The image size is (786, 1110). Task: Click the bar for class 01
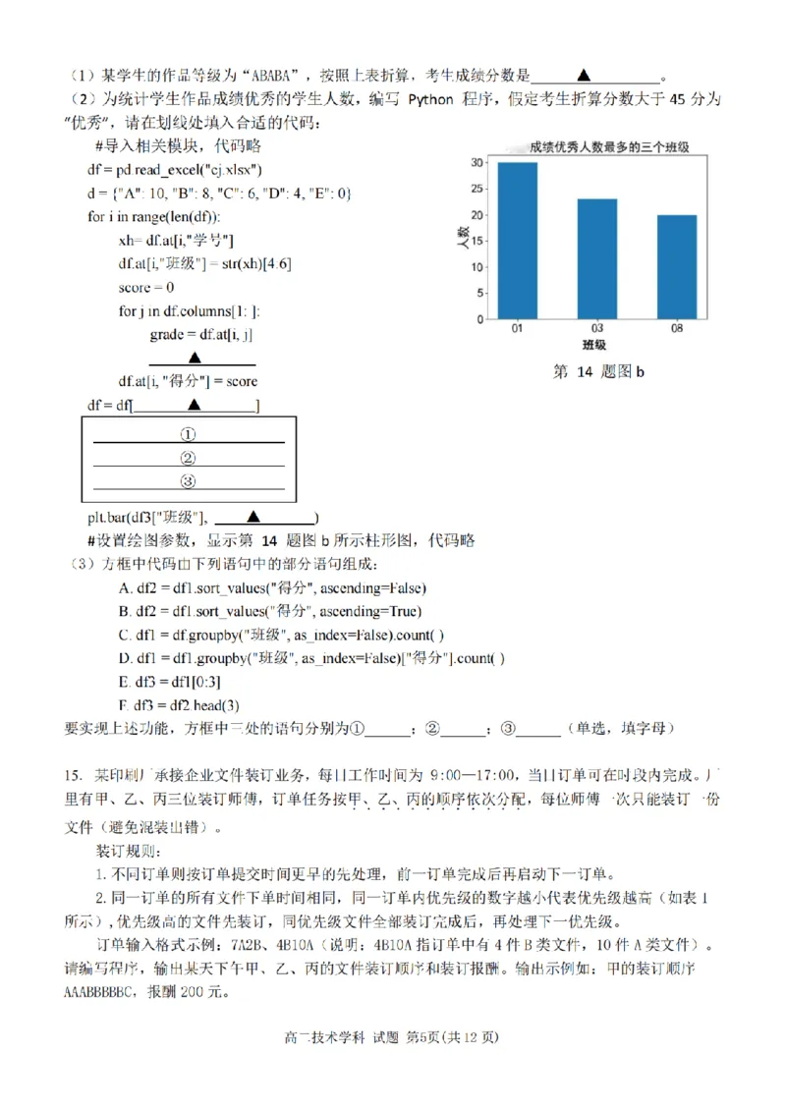(517, 241)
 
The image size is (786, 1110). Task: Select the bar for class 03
(596, 259)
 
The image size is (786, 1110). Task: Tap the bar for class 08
(677, 267)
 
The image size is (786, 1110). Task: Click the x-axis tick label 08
(677, 330)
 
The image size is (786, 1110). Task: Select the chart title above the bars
(608, 146)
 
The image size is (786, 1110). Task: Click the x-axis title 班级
(593, 346)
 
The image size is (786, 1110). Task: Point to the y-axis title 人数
(461, 241)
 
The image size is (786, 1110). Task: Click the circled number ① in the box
(188, 433)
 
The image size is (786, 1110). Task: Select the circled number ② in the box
(188, 458)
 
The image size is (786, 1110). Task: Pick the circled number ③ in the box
(188, 481)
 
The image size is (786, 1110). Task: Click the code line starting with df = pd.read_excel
(175, 169)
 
